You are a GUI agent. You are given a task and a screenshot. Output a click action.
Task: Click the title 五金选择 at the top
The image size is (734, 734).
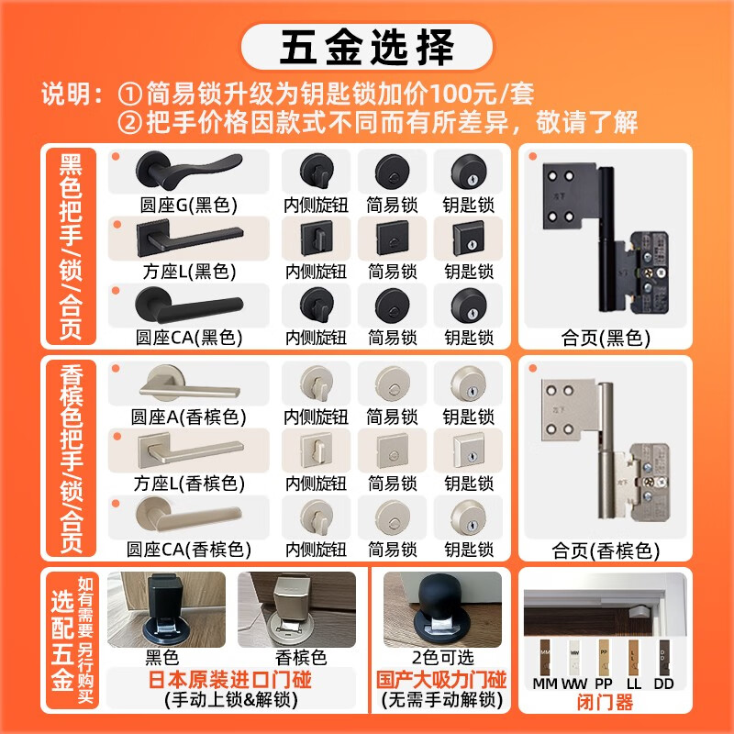tap(367, 48)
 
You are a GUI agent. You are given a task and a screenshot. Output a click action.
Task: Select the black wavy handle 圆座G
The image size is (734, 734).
tap(189, 171)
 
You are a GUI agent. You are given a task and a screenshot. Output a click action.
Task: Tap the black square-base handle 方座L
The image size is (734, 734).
tap(190, 238)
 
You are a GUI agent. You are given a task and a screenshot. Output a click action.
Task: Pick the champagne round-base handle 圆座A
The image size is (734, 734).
tap(190, 384)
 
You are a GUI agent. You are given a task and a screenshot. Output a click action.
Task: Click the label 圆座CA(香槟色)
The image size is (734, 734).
tap(189, 550)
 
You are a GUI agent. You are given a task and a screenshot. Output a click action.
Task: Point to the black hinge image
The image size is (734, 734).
tap(606, 238)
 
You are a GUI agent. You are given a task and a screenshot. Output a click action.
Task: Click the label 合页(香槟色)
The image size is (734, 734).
tap(606, 551)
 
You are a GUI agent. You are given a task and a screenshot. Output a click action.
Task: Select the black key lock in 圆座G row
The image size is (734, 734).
tap(469, 172)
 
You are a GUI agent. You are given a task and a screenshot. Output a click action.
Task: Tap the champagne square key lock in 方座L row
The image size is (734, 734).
tap(469, 450)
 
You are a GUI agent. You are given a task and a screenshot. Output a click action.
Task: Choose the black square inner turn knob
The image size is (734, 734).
tap(317, 239)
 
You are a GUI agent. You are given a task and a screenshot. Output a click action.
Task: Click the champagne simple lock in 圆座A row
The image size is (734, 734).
tap(393, 384)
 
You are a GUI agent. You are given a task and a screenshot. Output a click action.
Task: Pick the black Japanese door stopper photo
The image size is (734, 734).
tap(166, 609)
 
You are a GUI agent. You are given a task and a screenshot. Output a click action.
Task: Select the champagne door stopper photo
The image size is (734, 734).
tap(296, 609)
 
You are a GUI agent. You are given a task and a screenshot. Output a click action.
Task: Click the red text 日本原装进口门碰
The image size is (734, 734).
tap(230, 680)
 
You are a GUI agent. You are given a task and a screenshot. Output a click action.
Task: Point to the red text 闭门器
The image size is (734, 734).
tap(606, 702)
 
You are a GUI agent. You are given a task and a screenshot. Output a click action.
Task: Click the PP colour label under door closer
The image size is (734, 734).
tap(604, 684)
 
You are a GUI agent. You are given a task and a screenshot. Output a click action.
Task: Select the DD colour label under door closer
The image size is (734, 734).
tap(663, 684)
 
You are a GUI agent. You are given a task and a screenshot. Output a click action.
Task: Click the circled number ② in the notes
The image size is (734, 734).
tap(129, 123)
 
